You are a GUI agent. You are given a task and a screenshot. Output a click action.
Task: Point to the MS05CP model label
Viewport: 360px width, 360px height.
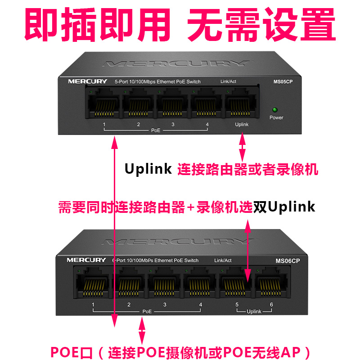pos(283,82)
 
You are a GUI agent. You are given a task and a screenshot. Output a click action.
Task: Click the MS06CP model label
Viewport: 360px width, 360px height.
pos(288,261)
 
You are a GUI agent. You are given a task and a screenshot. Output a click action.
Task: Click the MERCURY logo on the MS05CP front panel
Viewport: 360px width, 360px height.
pos(88,81)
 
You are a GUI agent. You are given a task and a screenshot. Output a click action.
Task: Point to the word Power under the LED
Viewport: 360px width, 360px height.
pos(276,117)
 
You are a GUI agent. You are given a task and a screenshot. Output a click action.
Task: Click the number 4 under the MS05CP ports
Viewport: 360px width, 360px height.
pos(207,124)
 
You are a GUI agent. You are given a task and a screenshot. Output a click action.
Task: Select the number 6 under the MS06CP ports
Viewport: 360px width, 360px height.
pos(271,305)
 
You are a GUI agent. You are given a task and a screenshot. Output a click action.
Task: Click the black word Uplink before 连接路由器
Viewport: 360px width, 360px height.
pos(148,169)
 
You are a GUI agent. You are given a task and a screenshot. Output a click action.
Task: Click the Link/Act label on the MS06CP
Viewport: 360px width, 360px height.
pos(223,261)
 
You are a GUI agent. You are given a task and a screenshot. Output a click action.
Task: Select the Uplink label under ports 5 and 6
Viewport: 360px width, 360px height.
pos(254,311)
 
